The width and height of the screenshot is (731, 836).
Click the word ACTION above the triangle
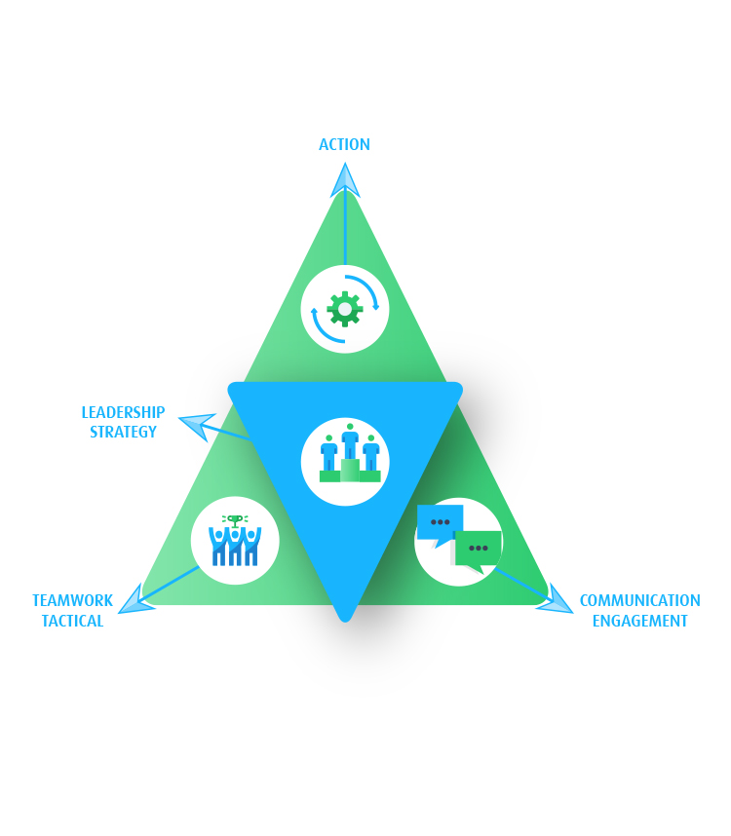[344, 144]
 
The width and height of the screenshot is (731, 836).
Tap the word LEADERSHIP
[123, 412]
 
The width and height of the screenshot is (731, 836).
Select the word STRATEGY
[123, 432]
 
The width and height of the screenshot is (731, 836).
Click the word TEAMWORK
[72, 600]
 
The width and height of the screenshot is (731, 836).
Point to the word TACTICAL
[72, 621]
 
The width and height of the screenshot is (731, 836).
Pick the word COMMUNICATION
[639, 600]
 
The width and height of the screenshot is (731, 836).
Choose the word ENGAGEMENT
[639, 621]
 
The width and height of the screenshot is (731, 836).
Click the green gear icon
[345, 309]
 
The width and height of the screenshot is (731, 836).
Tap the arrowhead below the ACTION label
[345, 180]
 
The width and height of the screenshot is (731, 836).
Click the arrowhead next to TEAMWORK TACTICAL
[135, 600]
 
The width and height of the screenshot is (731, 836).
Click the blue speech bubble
[440, 522]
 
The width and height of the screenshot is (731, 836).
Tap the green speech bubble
[478, 549]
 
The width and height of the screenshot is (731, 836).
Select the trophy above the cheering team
[235, 519]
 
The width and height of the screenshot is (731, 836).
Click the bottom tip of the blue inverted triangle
[345, 614]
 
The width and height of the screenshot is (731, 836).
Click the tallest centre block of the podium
[350, 470]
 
